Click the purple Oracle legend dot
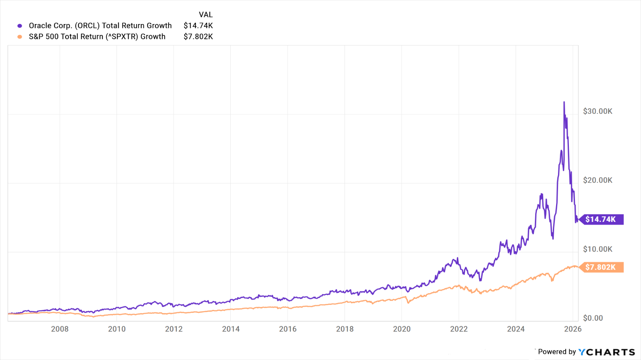tap(20, 26)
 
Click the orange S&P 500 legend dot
tap(20, 37)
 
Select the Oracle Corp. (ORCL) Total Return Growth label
tap(100, 26)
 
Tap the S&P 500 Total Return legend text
tap(97, 36)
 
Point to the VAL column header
tap(206, 15)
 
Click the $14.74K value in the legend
tap(198, 26)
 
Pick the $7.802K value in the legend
tap(198, 36)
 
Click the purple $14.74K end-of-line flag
tap(601, 219)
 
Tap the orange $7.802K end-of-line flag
tap(601, 267)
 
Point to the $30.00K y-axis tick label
tap(597, 111)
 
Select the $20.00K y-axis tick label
tap(597, 180)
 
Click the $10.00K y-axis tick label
tap(597, 249)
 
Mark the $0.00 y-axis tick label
tap(593, 318)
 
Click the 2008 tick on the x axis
tap(60, 329)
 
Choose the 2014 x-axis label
tap(231, 329)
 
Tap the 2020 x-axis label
tap(402, 329)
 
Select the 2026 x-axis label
tap(573, 329)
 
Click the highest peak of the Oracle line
tap(564, 103)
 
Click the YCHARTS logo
tap(607, 352)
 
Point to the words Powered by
tap(556, 352)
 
